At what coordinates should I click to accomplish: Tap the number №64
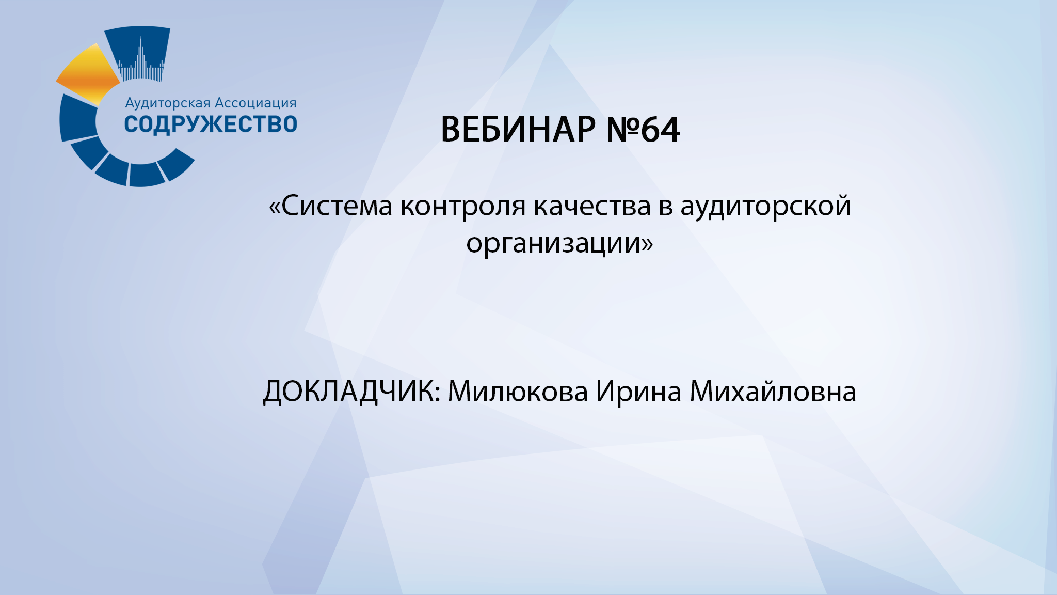pyautogui.click(x=643, y=129)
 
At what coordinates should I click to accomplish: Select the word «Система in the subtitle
pyautogui.click(x=330, y=206)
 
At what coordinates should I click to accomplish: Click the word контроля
pyautogui.click(x=463, y=206)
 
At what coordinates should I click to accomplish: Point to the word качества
pyautogui.click(x=592, y=206)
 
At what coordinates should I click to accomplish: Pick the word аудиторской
pyautogui.click(x=765, y=206)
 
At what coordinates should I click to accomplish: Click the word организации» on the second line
pyautogui.click(x=559, y=243)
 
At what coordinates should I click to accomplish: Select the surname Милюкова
pyautogui.click(x=518, y=392)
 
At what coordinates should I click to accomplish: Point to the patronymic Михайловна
pyautogui.click(x=773, y=392)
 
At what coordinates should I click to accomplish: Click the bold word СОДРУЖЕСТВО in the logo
pyautogui.click(x=211, y=124)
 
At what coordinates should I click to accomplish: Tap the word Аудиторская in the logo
pyautogui.click(x=168, y=103)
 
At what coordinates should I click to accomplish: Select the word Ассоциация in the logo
pyautogui.click(x=255, y=103)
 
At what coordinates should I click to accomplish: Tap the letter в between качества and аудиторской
pyautogui.click(x=665, y=207)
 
